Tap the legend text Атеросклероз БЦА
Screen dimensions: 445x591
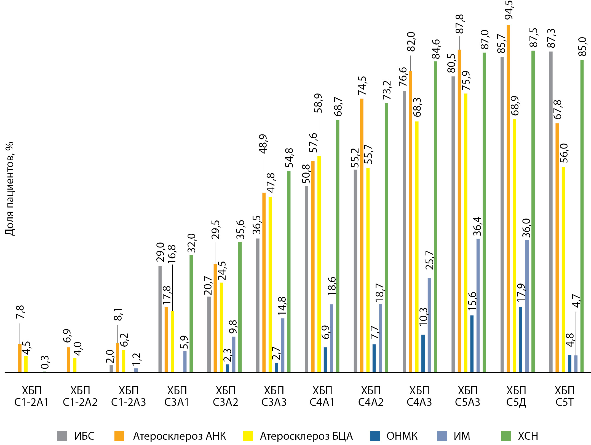[306, 436]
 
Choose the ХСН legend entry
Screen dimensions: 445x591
[528, 436]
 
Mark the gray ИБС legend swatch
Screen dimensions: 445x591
[62, 436]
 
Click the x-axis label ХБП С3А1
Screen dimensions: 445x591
[177, 396]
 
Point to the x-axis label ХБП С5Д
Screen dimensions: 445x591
[516, 396]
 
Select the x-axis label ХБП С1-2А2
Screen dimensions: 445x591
[80, 396]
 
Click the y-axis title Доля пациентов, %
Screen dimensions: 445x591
[10, 189]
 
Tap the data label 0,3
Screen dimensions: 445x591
[45, 362]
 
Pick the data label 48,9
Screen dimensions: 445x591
[263, 144]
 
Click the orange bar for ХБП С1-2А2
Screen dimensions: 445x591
[68, 360]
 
